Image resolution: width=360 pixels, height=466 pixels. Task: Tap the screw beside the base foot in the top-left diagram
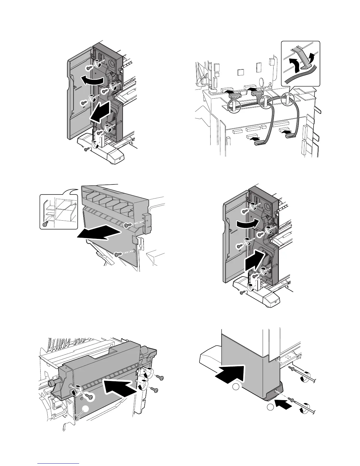[86, 149]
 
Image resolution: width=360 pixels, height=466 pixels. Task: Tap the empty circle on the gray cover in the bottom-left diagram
[85, 408]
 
